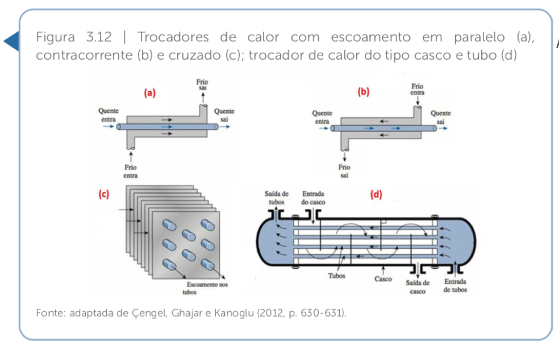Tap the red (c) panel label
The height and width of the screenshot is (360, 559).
click(x=104, y=194)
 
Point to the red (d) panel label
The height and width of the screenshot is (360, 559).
click(x=376, y=194)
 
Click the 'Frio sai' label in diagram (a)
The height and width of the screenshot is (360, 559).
click(x=202, y=86)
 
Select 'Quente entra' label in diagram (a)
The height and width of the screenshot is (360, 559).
click(x=108, y=115)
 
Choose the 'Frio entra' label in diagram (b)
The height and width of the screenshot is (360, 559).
click(x=418, y=90)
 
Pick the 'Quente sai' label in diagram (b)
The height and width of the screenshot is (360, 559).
click(x=441, y=117)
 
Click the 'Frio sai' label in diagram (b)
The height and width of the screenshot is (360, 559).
click(x=344, y=171)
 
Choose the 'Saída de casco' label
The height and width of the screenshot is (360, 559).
click(x=418, y=286)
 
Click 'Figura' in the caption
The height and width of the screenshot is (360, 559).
click(x=55, y=38)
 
